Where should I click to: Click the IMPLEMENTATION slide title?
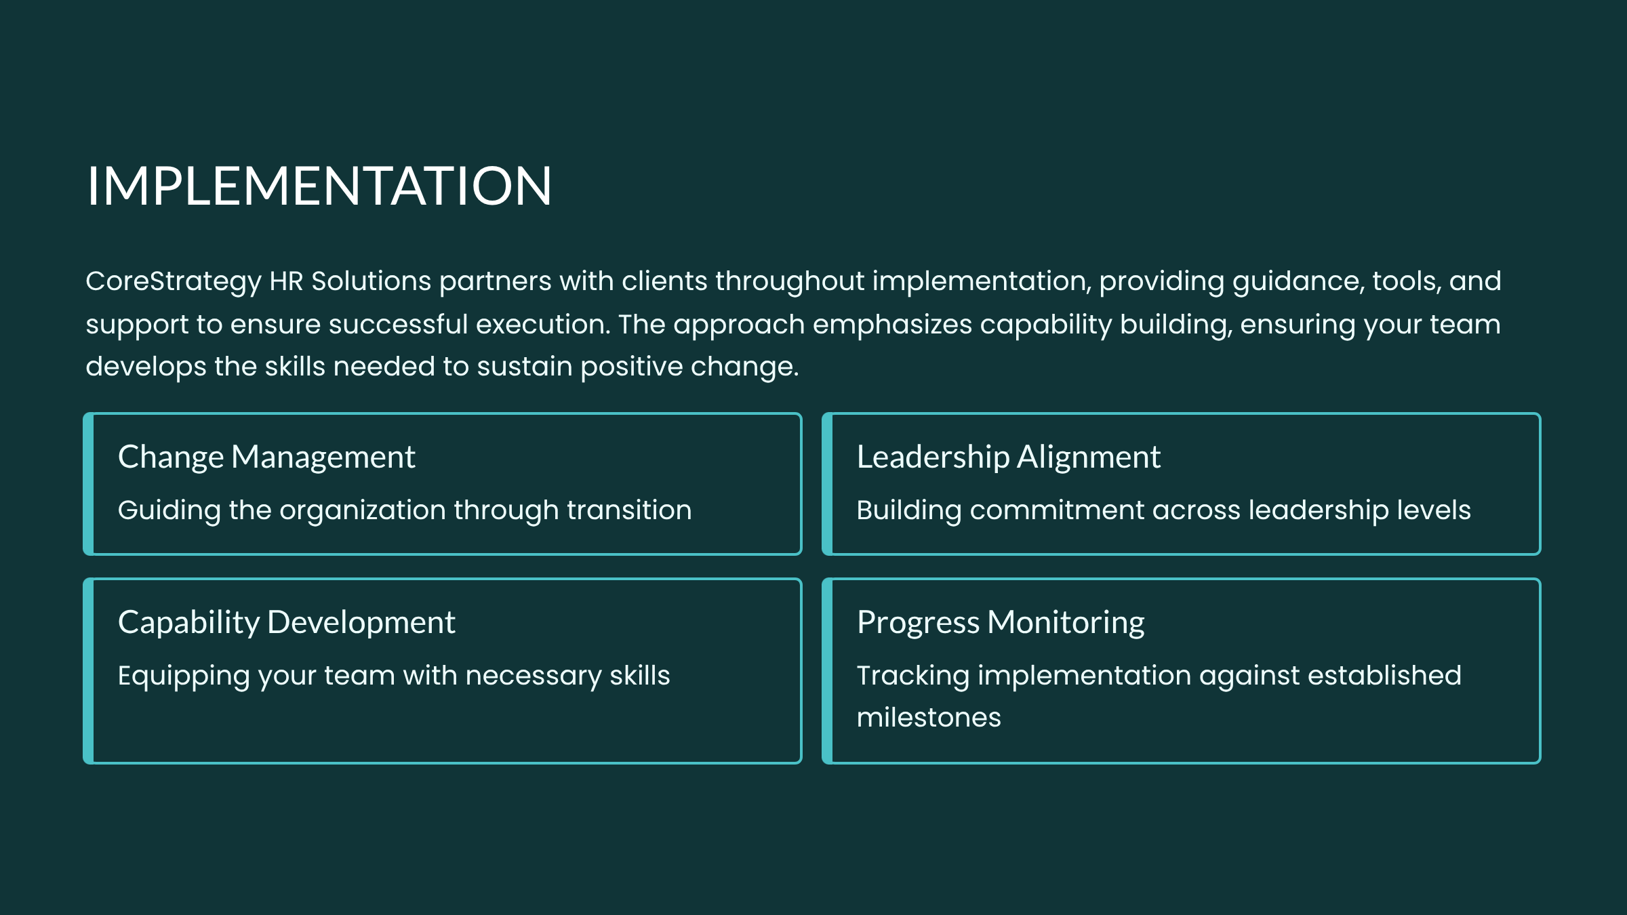pyautogui.click(x=319, y=186)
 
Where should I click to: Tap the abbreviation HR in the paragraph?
pyautogui.click(x=286, y=281)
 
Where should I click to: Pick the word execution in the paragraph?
pyautogui.click(x=542, y=325)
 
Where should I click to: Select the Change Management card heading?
pyautogui.click(x=266, y=457)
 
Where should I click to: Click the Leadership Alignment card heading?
pyautogui.click(x=1009, y=457)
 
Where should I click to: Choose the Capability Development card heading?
pyautogui.click(x=287, y=623)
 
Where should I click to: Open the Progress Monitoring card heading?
pyautogui.click(x=1001, y=623)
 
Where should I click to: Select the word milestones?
pyautogui.click(x=929, y=718)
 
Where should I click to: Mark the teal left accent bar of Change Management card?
pyautogui.click(x=88, y=484)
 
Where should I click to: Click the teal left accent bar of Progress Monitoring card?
pyautogui.click(x=827, y=671)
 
